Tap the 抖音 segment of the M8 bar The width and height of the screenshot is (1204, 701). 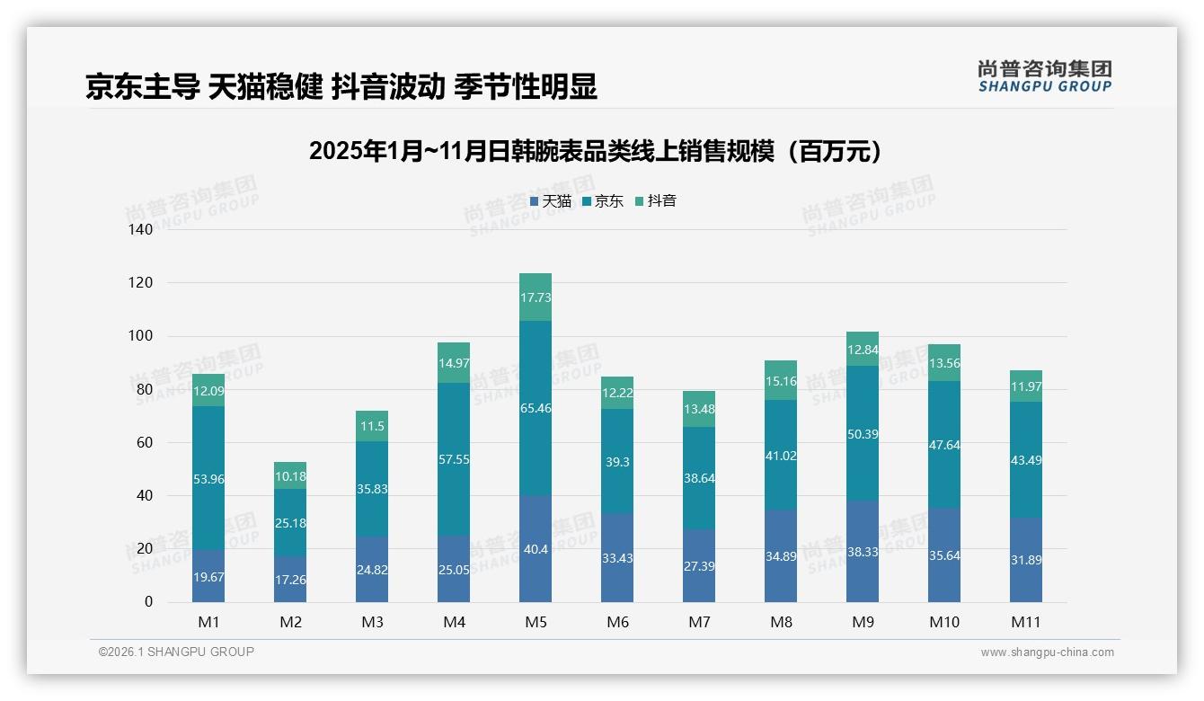point(781,380)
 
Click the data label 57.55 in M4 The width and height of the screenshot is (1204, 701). point(454,459)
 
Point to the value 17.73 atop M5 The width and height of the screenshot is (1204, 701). point(536,297)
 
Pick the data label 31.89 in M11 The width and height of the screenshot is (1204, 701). point(1026,560)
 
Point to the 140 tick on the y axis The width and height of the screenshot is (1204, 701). point(141,230)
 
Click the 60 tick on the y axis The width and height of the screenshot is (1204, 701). point(145,442)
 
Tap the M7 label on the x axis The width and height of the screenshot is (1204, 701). point(699,622)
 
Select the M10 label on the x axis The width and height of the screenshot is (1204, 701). point(944,622)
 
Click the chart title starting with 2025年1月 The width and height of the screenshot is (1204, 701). point(596,152)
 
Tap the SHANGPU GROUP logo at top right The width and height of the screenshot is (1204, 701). point(1044,76)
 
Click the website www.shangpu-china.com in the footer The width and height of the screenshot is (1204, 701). point(1047,652)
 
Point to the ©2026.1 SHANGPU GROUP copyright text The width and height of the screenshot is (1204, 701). point(176,652)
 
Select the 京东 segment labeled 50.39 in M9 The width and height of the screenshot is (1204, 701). point(863,433)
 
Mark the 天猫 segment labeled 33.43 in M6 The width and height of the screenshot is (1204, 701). point(617,557)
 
